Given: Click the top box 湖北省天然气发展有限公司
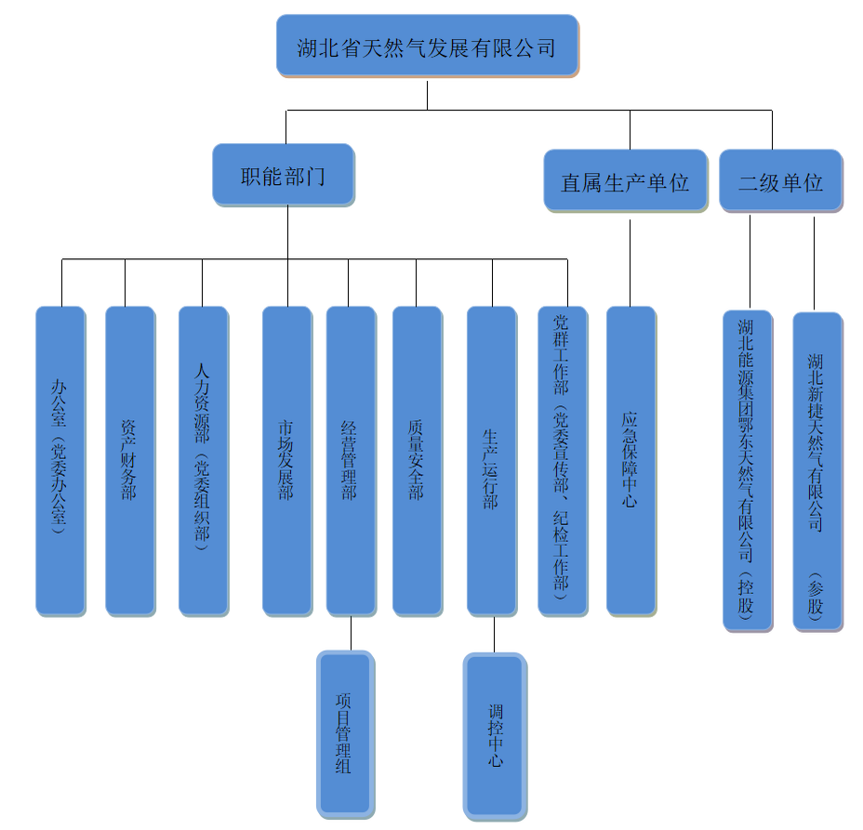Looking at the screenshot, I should tap(427, 46).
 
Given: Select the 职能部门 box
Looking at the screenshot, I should tap(284, 175).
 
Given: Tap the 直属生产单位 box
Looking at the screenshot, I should tap(625, 180).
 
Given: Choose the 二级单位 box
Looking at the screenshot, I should tap(781, 180).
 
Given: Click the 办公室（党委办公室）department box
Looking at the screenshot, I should tap(60, 460).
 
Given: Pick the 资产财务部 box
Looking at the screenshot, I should tap(130, 460).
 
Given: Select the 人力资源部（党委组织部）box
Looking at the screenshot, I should tap(203, 460).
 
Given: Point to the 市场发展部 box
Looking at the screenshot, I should tap(286, 460).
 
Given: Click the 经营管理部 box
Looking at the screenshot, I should tap(351, 460).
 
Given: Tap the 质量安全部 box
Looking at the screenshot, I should tap(417, 460).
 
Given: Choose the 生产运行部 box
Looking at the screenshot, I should tap(491, 460).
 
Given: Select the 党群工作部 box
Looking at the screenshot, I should tap(563, 460).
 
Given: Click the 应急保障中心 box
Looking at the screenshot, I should tap(631, 460).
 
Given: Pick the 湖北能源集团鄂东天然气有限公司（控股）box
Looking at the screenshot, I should tap(748, 470).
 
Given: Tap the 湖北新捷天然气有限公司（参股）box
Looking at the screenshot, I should tap(817, 471).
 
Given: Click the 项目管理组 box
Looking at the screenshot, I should tap(345, 734).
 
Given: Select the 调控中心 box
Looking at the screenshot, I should tap(496, 734).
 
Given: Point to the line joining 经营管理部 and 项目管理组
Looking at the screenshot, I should tap(351, 633).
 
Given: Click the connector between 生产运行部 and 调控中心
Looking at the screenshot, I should tap(494, 634).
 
